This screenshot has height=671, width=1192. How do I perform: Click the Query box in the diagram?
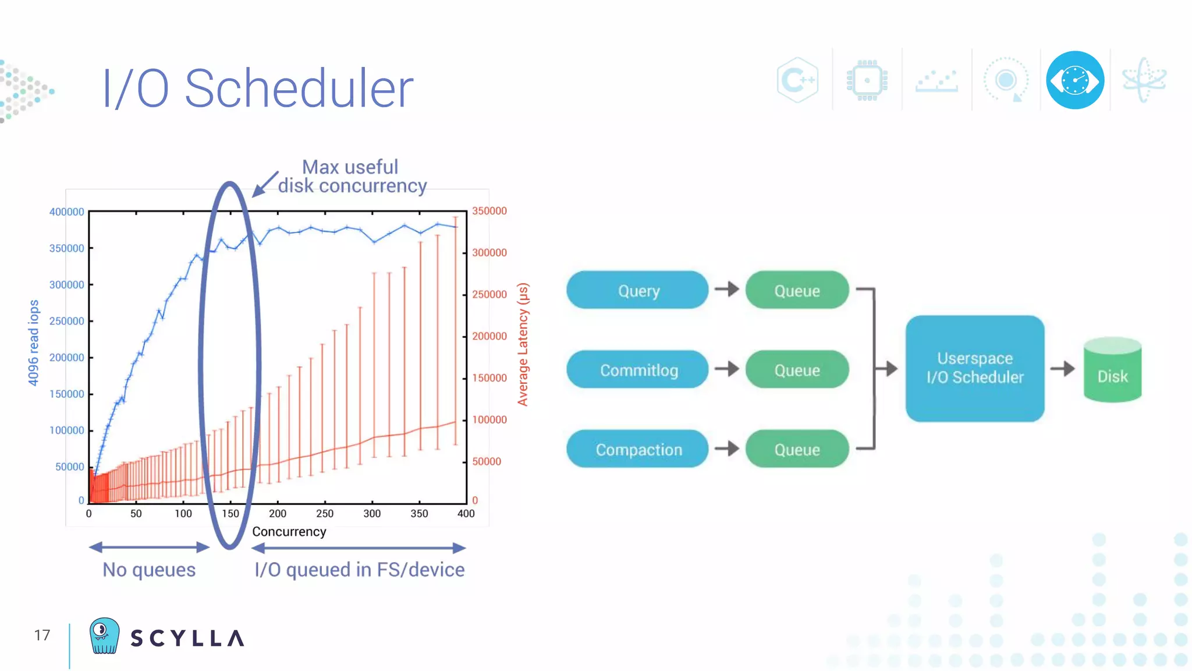[637, 290]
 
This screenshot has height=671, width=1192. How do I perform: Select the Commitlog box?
[637, 370]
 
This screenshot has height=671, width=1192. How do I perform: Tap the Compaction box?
[637, 449]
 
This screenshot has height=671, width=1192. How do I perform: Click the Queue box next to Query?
[797, 290]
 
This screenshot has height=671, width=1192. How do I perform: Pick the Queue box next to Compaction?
[797, 449]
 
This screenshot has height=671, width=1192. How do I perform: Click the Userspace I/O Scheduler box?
[975, 368]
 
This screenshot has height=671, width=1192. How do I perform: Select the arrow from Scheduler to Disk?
[1063, 368]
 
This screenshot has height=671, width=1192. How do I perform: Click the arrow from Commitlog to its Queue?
[727, 369]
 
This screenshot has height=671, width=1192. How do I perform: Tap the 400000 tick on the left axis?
[67, 212]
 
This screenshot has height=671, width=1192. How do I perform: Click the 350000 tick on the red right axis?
[489, 211]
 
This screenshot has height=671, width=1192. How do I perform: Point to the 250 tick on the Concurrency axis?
[325, 514]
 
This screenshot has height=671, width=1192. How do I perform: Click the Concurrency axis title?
[289, 532]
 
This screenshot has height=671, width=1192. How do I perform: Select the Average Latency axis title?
[523, 345]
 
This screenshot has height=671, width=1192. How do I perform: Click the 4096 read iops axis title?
[34, 342]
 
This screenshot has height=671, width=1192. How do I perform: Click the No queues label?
[149, 570]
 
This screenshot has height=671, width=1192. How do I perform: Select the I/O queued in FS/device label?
[360, 570]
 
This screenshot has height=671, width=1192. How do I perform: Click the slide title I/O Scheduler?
[258, 89]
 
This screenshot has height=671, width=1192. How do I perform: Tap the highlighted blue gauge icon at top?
[1075, 80]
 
